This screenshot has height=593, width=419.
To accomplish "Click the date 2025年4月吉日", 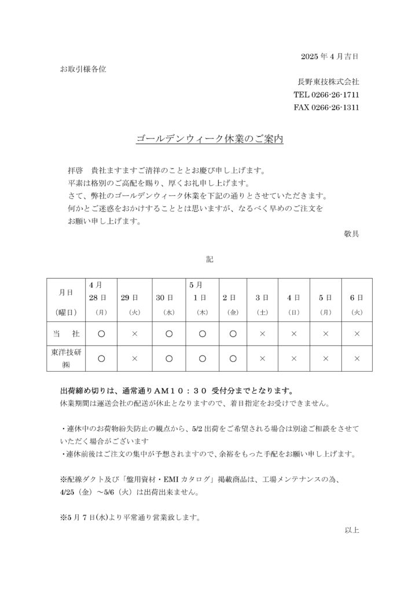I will tap(330, 56).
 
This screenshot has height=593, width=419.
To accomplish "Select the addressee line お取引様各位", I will tap(83, 69).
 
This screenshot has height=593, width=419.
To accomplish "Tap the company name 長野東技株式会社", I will tap(328, 82).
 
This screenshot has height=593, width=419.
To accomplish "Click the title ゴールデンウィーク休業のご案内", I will tap(209, 140).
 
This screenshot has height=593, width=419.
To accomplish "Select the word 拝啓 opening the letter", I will tap(75, 171).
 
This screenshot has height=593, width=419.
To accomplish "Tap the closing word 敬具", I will tap(351, 235).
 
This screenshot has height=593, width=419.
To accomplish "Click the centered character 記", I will tap(209, 259).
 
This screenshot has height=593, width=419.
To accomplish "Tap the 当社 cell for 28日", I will tap(101, 333).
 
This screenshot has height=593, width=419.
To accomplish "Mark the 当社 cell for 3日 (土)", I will tap(262, 333).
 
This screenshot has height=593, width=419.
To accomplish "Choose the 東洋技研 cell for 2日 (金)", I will tap(232, 358).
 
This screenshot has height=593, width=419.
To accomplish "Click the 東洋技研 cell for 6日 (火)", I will tap(356, 358).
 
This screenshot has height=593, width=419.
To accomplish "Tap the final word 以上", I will tap(351, 529).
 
